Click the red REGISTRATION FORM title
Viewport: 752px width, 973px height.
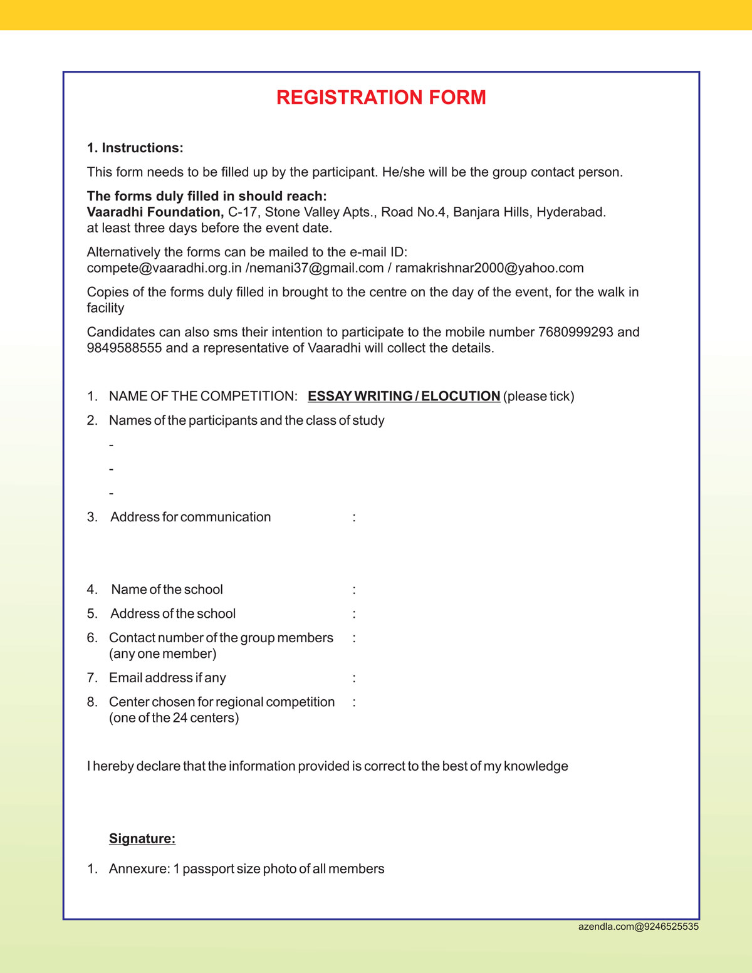coord(381,98)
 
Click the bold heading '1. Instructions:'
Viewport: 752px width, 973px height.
coord(135,148)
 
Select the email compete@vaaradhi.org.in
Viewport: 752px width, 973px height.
coord(164,268)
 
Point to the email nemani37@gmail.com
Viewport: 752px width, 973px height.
coord(316,268)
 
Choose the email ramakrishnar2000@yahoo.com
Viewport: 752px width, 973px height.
coord(489,268)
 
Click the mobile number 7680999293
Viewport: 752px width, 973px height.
coord(575,332)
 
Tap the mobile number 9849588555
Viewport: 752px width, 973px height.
coord(124,348)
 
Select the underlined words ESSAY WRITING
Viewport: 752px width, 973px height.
coord(360,396)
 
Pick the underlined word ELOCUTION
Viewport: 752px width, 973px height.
coord(461,396)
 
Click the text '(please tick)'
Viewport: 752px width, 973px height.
coord(538,396)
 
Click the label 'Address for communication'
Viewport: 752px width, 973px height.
coord(191,517)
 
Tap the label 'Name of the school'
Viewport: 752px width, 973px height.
coord(167,590)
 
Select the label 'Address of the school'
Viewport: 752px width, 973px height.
coord(173,613)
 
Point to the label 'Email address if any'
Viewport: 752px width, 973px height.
coord(167,678)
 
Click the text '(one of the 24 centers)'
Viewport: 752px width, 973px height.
coord(174,718)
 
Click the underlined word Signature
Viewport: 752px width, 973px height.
coord(142,838)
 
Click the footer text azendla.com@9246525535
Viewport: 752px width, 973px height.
coord(638,926)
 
